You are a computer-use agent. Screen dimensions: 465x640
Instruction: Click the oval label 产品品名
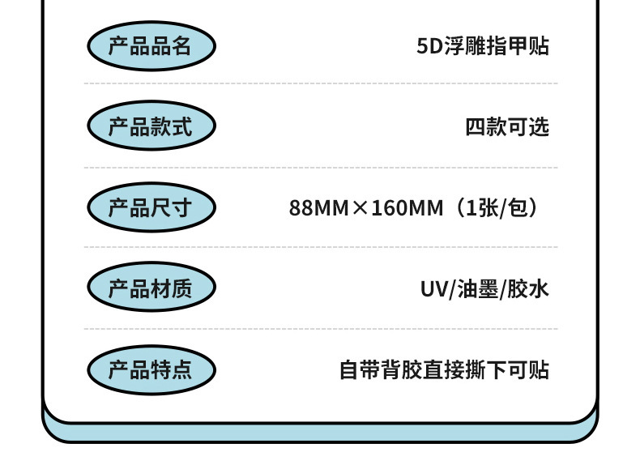click(x=151, y=45)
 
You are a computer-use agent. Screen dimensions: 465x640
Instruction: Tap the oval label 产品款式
click(x=151, y=126)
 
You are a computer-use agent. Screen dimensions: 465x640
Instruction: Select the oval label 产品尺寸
click(x=151, y=207)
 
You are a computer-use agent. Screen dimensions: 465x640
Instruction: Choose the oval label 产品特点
click(x=151, y=369)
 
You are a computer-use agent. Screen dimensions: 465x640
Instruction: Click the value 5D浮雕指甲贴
click(x=483, y=46)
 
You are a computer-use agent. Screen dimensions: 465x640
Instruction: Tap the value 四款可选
click(x=507, y=127)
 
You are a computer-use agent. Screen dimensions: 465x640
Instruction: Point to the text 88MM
click(x=318, y=208)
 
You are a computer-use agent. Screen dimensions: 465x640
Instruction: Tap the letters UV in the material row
click(x=433, y=289)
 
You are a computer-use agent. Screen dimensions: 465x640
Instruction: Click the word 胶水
click(x=528, y=289)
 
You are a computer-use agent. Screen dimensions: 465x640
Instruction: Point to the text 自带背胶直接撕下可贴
click(x=444, y=370)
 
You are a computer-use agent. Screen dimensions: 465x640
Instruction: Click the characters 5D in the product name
click(x=427, y=46)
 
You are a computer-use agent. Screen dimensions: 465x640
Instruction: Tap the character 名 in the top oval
click(x=182, y=45)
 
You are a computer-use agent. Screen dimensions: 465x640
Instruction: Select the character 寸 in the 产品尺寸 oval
click(x=182, y=207)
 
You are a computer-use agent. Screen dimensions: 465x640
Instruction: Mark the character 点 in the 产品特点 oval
click(x=182, y=369)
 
